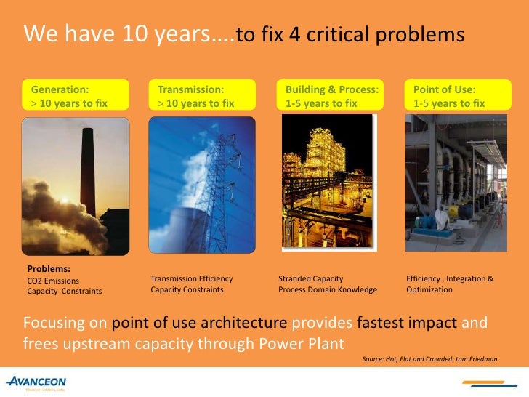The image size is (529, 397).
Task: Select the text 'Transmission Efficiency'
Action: (x=192, y=278)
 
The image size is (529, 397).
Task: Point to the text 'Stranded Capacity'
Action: (x=311, y=278)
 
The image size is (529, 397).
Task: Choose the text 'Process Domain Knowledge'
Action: (x=328, y=289)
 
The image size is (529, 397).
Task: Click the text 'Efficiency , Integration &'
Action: (x=450, y=278)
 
